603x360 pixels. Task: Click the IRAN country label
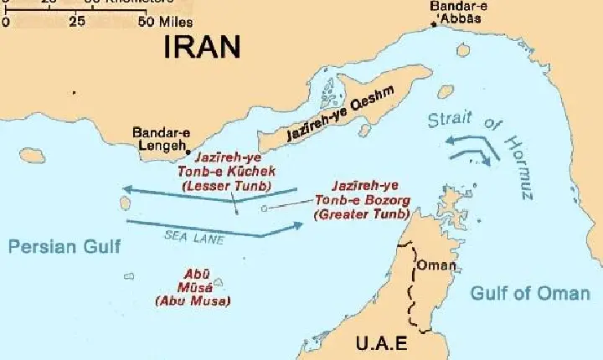point(202,47)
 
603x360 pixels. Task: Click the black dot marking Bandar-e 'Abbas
point(434,26)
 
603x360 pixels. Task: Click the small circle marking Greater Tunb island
point(264,207)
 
